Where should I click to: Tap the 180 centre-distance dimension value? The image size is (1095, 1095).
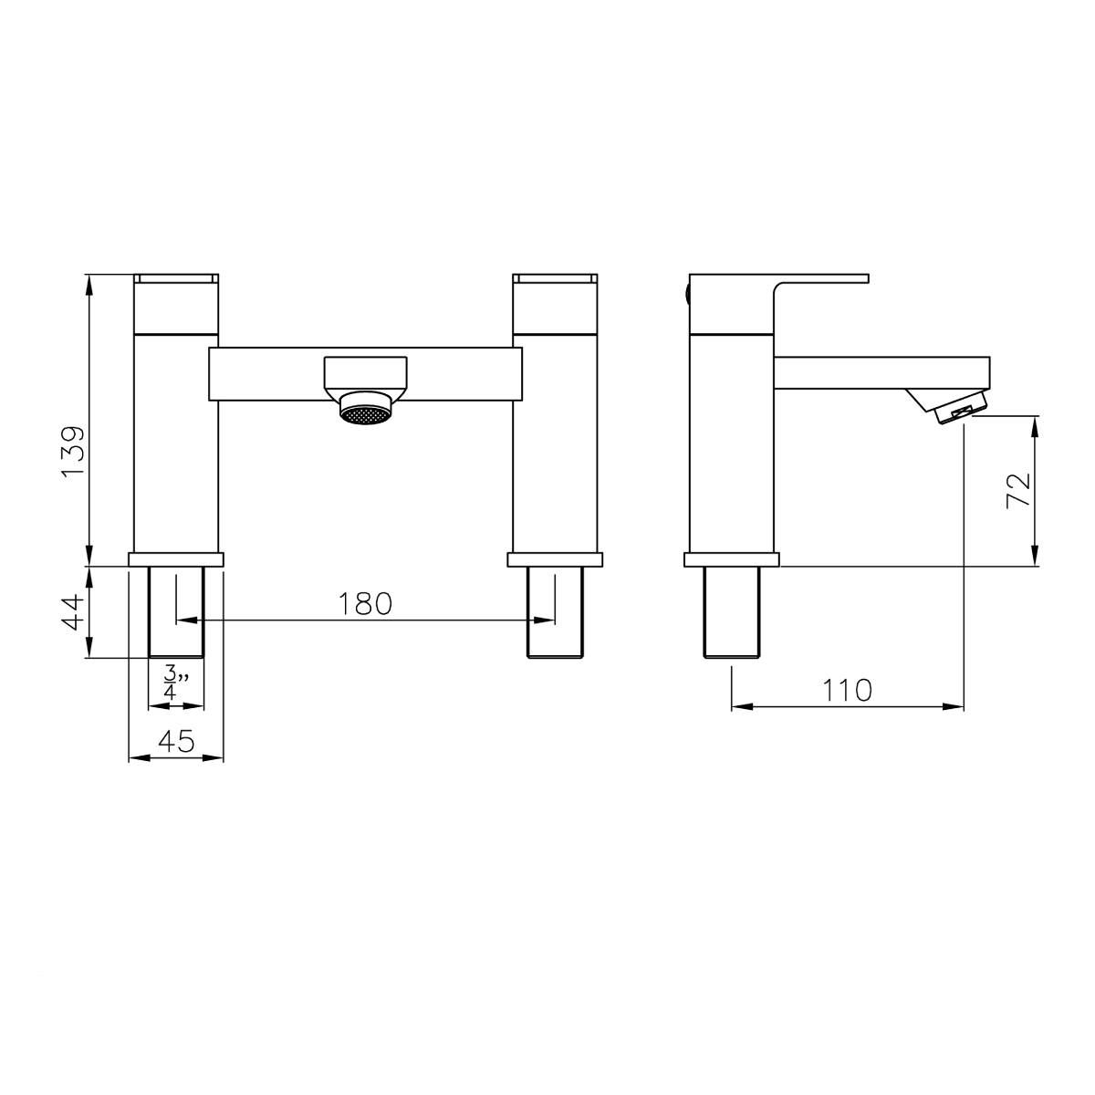pos(365,603)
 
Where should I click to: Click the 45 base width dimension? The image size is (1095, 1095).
pos(176,742)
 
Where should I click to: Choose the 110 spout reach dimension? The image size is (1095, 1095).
pos(848,690)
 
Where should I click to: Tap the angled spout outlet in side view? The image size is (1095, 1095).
pos(949,405)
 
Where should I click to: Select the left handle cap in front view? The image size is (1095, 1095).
pos(176,277)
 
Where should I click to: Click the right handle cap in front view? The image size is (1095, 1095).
pos(555,277)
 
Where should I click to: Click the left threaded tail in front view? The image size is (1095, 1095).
pos(176,611)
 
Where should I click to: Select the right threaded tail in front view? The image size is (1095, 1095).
pos(555,611)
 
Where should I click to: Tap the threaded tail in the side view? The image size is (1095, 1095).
pos(732,611)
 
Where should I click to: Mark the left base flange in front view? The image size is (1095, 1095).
pos(176,559)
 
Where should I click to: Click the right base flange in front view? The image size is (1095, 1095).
pos(555,559)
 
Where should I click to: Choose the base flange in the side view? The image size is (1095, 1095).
pos(732,559)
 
